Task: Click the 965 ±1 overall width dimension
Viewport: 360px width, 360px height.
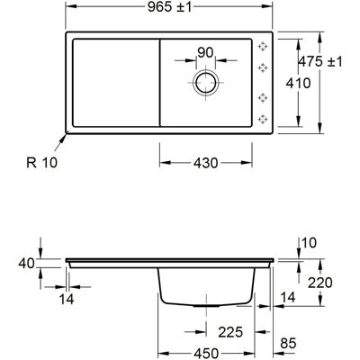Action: pos(169,7)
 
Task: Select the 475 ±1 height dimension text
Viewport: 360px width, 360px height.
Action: pos(320,62)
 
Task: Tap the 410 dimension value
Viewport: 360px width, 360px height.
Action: pos(298,83)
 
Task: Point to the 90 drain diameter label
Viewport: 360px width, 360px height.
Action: pos(205,53)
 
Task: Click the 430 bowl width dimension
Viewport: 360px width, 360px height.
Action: pos(205,163)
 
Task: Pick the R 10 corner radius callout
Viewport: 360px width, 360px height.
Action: pos(41,163)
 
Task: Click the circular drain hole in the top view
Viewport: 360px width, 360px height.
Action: pos(206,83)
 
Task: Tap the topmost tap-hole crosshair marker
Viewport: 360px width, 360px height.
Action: pos(263,47)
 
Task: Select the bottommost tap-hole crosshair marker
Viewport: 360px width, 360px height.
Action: pos(263,119)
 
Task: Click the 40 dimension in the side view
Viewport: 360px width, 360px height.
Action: pos(26,264)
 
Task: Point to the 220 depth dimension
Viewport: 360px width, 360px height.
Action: pos(320,283)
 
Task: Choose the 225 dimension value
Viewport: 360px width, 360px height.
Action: pos(230,332)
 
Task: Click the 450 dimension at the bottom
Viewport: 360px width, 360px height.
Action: pos(206,354)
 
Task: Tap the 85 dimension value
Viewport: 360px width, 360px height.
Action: pos(288,344)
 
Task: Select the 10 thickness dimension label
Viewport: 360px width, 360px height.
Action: pos(309,243)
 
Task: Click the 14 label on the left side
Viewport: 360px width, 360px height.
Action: pos(67,299)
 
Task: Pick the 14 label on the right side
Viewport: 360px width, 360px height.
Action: pos(288,297)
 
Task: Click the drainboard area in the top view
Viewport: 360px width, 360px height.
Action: pos(116,83)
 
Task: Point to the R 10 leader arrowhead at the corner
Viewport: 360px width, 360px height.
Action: pos(65,136)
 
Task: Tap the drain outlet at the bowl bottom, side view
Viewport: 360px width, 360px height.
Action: pos(206,306)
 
